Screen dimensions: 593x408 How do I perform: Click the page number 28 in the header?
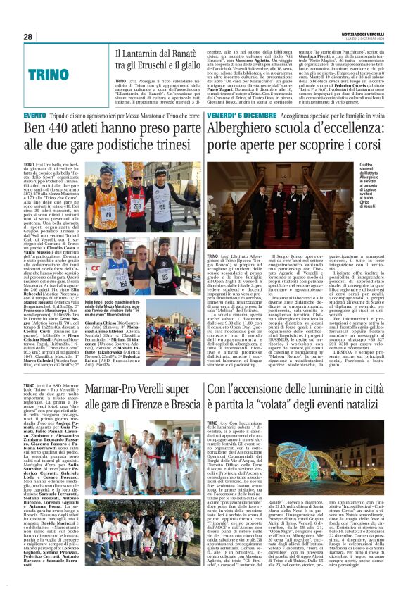pos(27,37)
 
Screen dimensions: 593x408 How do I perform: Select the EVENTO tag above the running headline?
pos(35,115)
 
